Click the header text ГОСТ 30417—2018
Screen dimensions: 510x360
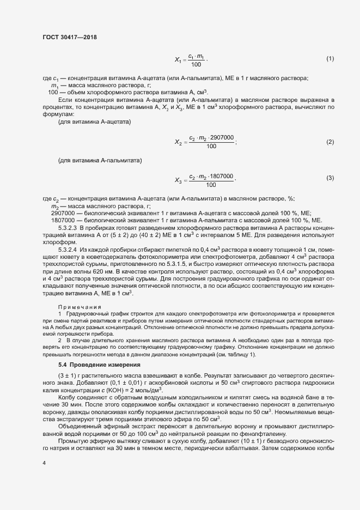(x=70, y=37)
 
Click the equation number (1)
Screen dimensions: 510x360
(x=330, y=58)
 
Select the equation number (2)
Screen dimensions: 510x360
(x=330, y=142)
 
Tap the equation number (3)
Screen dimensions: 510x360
(x=330, y=179)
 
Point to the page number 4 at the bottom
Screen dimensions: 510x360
(x=44, y=462)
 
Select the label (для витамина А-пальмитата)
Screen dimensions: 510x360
(x=100, y=161)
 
